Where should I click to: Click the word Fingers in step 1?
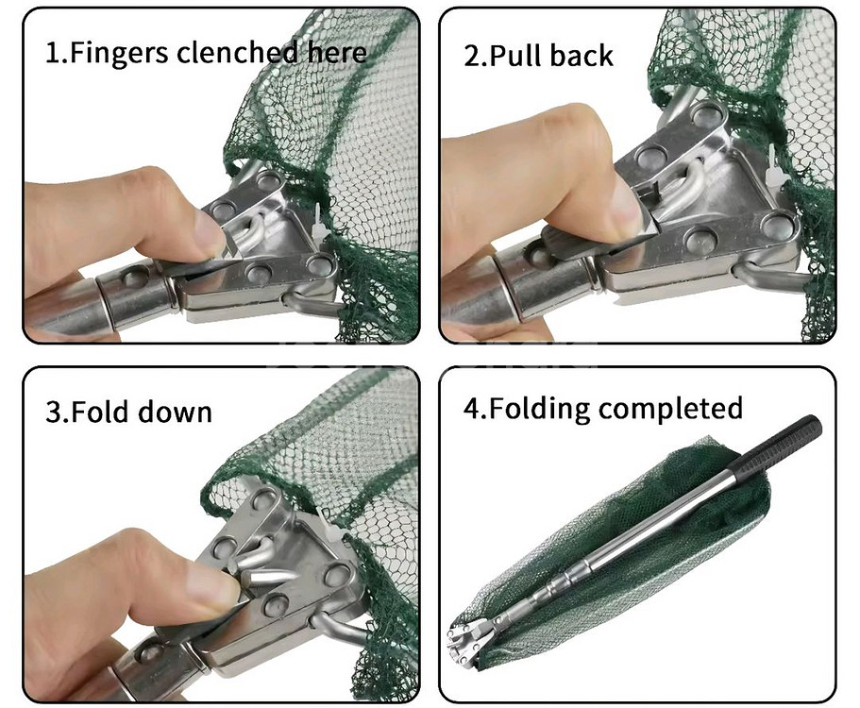[x=119, y=53]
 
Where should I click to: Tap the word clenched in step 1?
[x=237, y=53]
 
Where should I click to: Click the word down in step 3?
[x=175, y=412]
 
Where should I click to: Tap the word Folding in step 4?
[x=539, y=409]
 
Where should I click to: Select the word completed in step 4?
[x=670, y=409]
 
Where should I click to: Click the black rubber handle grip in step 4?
[x=780, y=442]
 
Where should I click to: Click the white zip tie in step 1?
[x=320, y=222]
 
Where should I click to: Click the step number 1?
[x=54, y=53]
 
